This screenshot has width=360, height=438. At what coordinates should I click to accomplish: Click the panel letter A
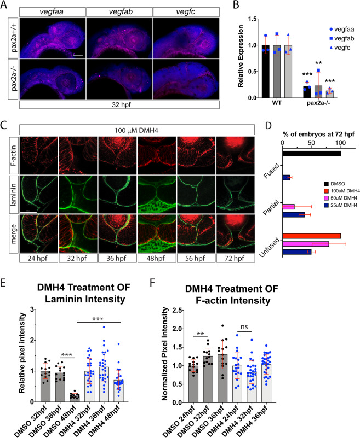(x=5, y=5)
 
